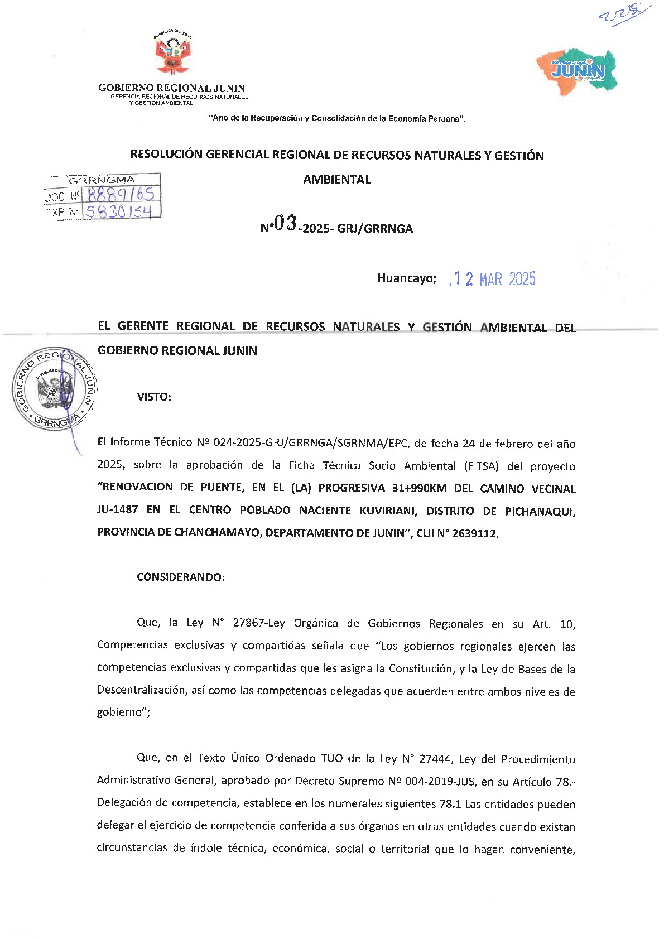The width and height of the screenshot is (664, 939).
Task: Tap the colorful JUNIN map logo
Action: (x=578, y=70)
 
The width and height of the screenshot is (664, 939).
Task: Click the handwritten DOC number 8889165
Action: (x=121, y=195)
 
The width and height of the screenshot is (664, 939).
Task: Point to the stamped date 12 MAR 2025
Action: (x=493, y=279)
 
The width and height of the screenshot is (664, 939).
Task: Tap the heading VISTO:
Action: (x=154, y=397)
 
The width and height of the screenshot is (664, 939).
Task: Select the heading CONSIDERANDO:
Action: (x=181, y=577)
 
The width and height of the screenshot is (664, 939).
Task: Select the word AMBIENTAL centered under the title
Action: (x=336, y=180)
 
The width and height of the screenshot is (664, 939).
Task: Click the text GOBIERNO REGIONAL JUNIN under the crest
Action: (x=171, y=88)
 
